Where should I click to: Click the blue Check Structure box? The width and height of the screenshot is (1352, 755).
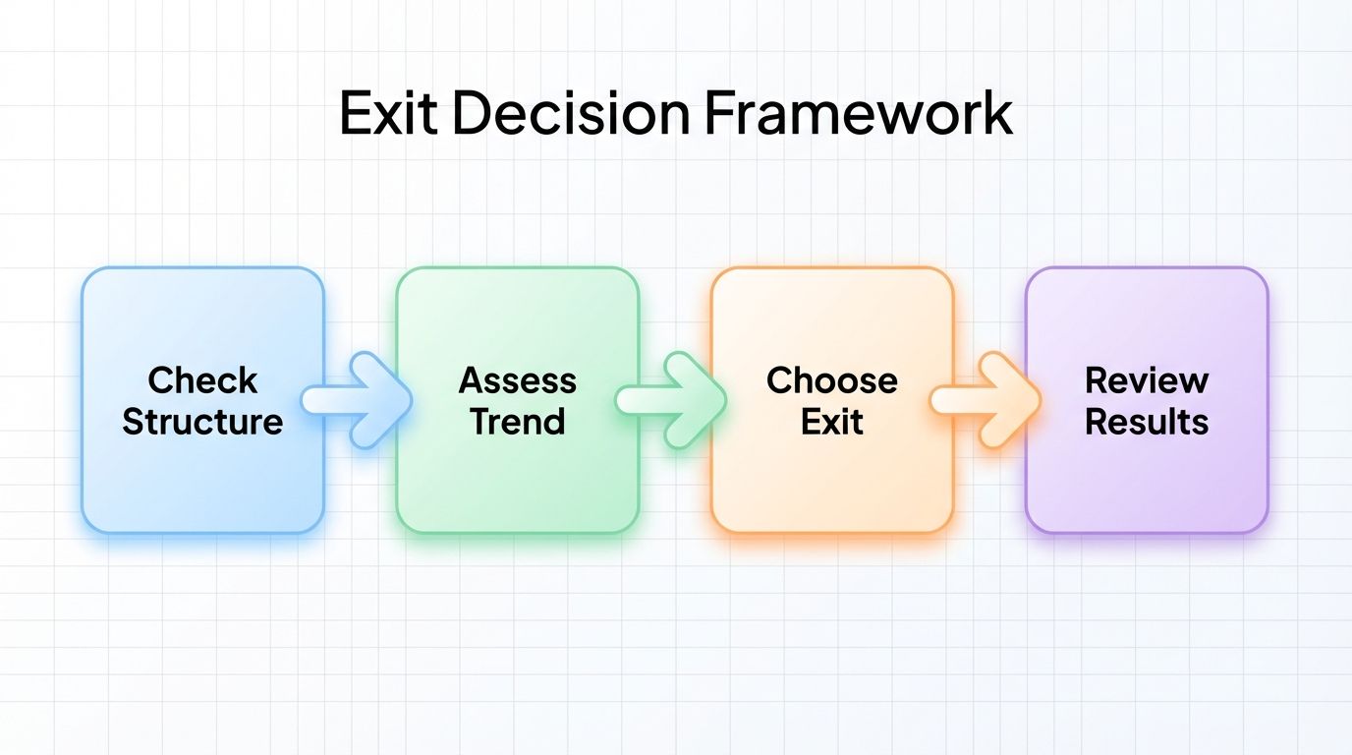(202, 472)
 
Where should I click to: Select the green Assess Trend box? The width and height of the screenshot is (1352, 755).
(517, 472)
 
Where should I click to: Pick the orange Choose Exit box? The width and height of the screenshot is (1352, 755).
(832, 472)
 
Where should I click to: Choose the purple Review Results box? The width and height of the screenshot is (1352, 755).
(1147, 472)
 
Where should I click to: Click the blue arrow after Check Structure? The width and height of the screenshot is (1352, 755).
(358, 400)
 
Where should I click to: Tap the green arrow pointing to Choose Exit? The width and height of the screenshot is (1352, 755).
(673, 400)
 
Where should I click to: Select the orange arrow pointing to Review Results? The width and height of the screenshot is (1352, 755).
(987, 400)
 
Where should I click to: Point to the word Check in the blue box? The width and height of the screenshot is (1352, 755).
(202, 380)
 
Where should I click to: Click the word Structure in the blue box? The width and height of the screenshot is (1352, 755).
(202, 422)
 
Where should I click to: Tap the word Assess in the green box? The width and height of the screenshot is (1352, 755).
(517, 380)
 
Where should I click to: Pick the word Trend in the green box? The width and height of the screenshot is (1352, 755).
(517, 422)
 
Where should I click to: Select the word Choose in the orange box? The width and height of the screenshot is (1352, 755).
(832, 380)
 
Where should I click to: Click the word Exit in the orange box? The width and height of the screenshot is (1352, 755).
(832, 422)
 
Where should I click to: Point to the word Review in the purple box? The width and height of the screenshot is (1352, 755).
(1147, 380)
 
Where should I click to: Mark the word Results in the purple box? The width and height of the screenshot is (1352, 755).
(1147, 422)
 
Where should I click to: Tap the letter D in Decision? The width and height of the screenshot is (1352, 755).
(473, 113)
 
